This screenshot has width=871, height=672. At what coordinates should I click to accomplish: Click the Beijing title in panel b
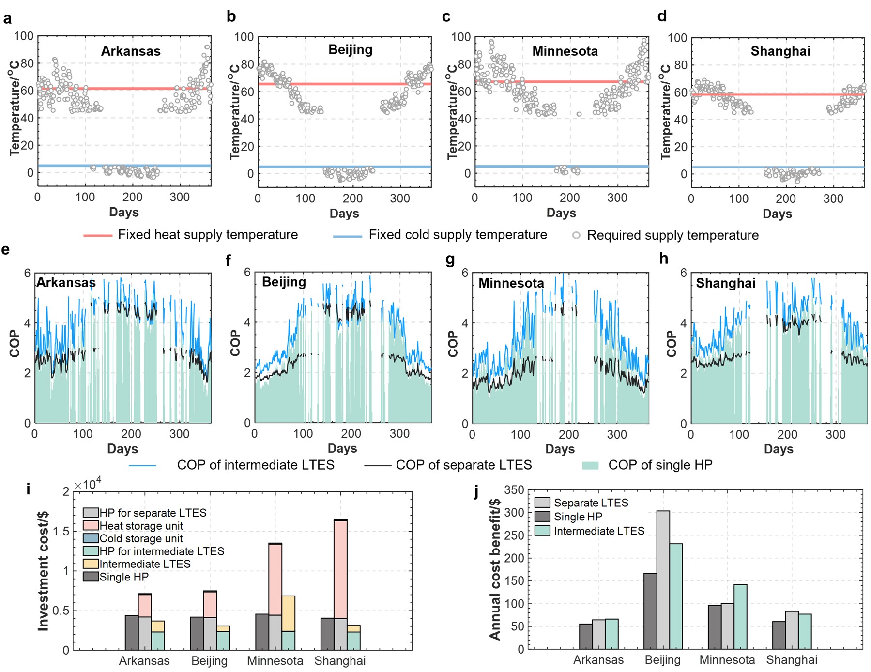(x=351, y=50)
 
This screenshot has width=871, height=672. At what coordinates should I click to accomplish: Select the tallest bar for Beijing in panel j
(x=663, y=580)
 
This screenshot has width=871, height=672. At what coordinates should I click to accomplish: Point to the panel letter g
(x=450, y=260)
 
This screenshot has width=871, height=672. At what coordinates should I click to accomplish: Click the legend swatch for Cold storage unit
(x=91, y=538)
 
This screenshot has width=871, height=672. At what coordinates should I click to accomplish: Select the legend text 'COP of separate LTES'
(x=463, y=465)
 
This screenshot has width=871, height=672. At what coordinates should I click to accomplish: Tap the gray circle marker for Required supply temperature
(x=576, y=235)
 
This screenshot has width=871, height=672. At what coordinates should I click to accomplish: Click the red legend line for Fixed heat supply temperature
(x=98, y=235)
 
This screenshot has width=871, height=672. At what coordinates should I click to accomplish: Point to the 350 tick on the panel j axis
(x=514, y=490)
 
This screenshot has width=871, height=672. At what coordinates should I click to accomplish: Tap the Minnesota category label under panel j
(x=727, y=660)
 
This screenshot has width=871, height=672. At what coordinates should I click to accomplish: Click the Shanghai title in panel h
(x=725, y=283)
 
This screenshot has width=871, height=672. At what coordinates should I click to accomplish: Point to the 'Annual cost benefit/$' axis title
(x=495, y=569)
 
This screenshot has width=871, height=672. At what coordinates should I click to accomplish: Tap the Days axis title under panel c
(x=561, y=213)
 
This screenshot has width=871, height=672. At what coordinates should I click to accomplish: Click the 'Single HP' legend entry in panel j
(x=578, y=517)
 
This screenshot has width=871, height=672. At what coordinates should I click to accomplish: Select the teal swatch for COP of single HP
(x=590, y=465)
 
